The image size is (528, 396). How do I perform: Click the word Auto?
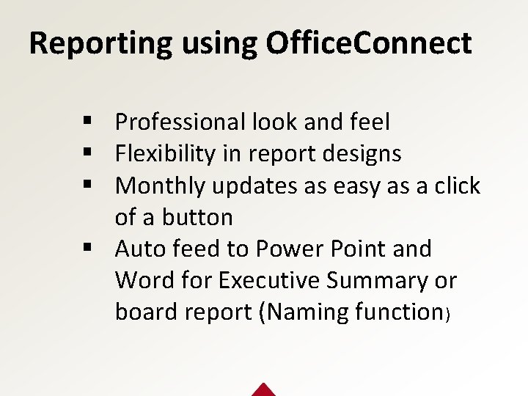(x=141, y=249)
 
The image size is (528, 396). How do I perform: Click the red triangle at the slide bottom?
(x=263, y=389)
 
